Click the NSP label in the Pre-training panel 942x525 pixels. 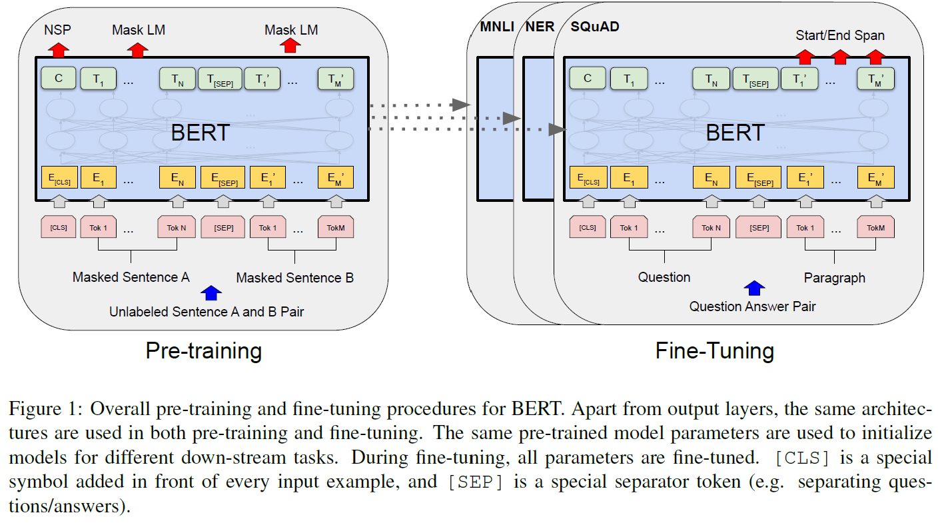[x=57, y=30]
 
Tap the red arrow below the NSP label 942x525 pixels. [x=58, y=49]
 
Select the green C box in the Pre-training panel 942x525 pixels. [x=58, y=79]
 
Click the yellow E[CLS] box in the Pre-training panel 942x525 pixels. [x=59, y=177]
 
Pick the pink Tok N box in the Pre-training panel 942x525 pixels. [x=177, y=227]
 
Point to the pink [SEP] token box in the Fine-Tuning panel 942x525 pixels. [x=759, y=227]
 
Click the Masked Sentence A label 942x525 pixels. [x=131, y=277]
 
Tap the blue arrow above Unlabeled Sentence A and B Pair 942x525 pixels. [x=211, y=292]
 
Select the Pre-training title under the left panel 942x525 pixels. [x=203, y=350]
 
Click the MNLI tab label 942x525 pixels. [x=498, y=27]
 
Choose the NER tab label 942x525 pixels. [x=540, y=27]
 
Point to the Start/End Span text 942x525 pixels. [x=839, y=35]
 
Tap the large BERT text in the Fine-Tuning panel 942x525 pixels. [x=735, y=133]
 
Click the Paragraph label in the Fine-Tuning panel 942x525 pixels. [x=834, y=277]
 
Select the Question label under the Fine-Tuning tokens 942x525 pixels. [x=664, y=276]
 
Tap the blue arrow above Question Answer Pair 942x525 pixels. [x=754, y=288]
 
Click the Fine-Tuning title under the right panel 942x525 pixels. [x=715, y=350]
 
